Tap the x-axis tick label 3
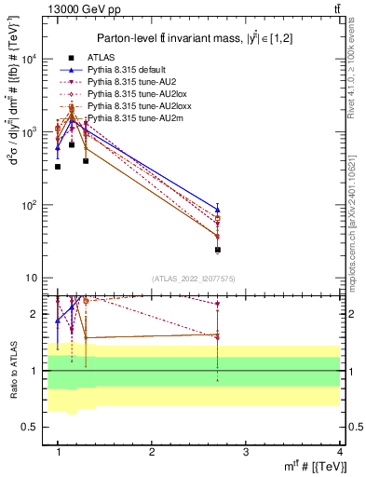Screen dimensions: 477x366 click(x=246, y=452)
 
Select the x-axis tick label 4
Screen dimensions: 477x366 click(x=339, y=452)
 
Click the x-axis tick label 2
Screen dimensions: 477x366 click(x=152, y=452)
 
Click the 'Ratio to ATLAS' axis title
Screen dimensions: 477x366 click(x=12, y=369)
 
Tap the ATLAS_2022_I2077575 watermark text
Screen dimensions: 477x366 click(x=193, y=279)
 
